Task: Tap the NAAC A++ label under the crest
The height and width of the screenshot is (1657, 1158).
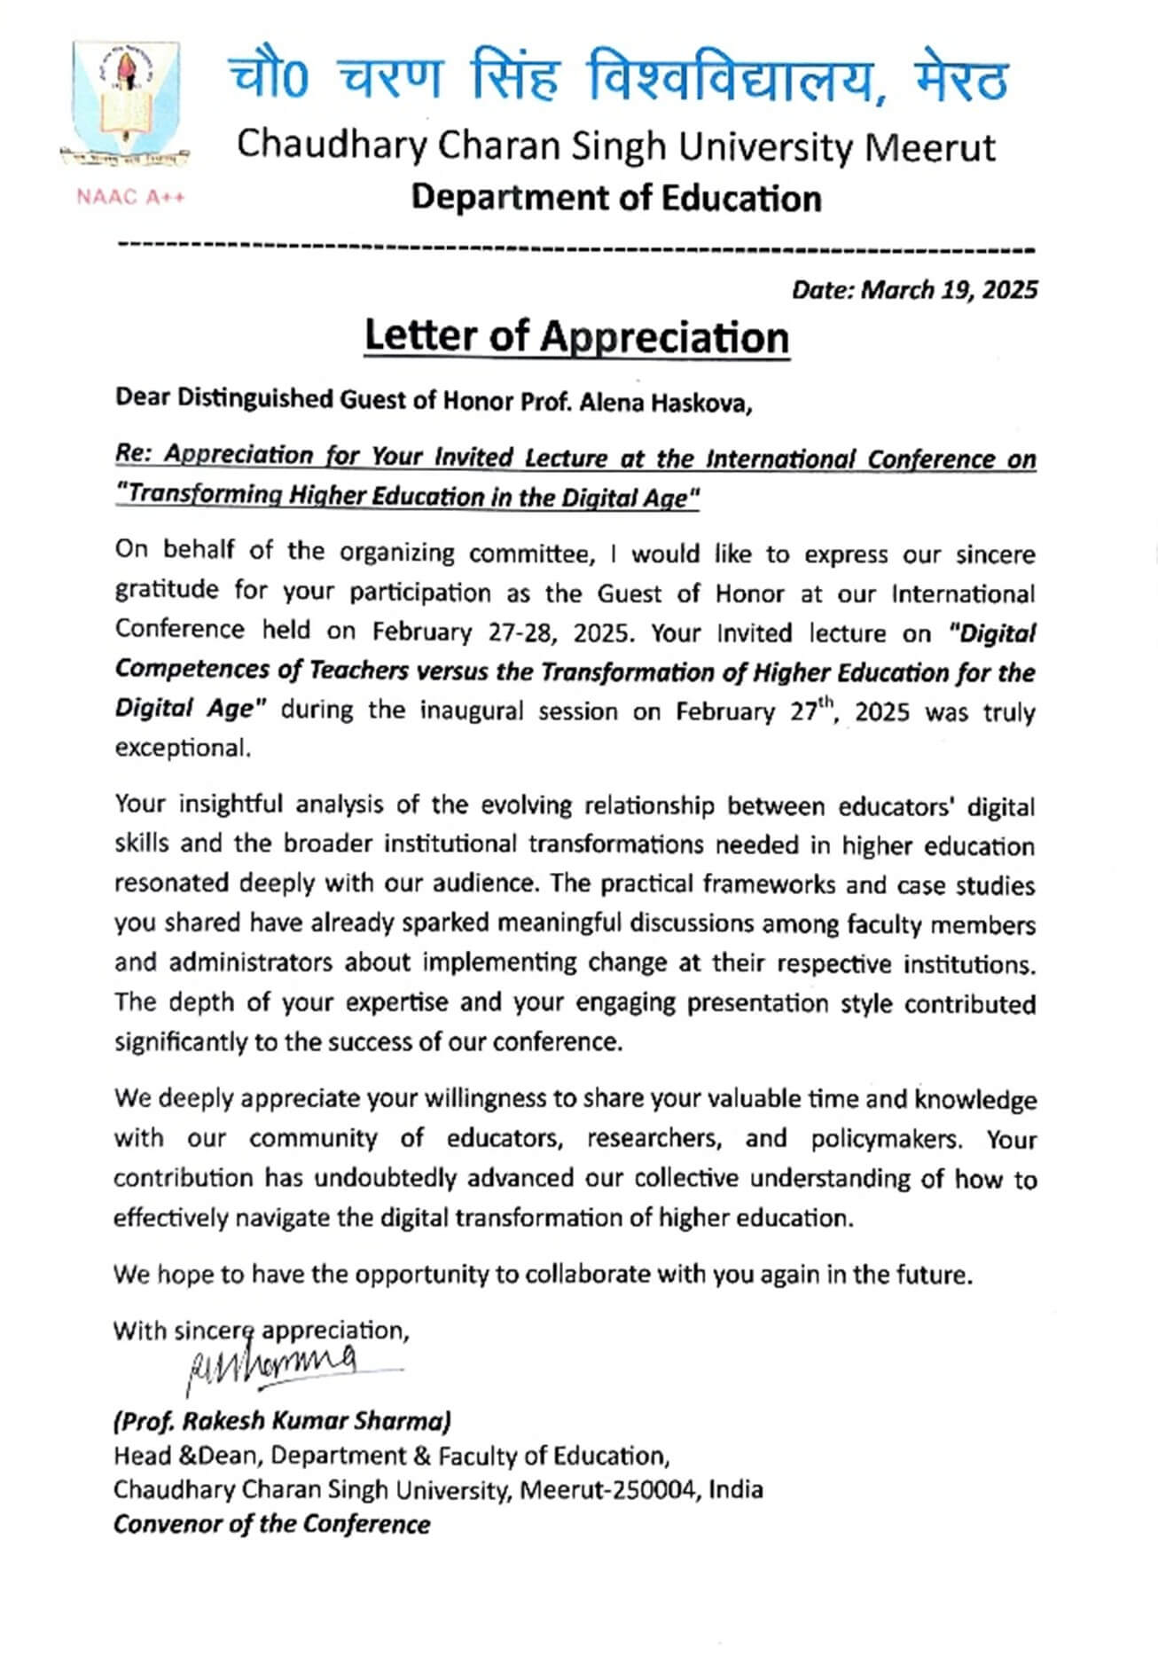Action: (130, 197)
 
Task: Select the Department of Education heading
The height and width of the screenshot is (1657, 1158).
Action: (616, 198)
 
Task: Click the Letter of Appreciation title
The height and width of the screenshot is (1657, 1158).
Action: (576, 337)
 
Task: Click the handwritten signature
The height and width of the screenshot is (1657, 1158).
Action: (275, 1363)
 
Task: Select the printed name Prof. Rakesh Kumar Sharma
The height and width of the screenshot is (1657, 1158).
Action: (282, 1421)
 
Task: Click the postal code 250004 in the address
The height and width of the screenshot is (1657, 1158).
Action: (652, 1489)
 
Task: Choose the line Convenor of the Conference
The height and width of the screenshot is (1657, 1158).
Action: (272, 1524)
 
